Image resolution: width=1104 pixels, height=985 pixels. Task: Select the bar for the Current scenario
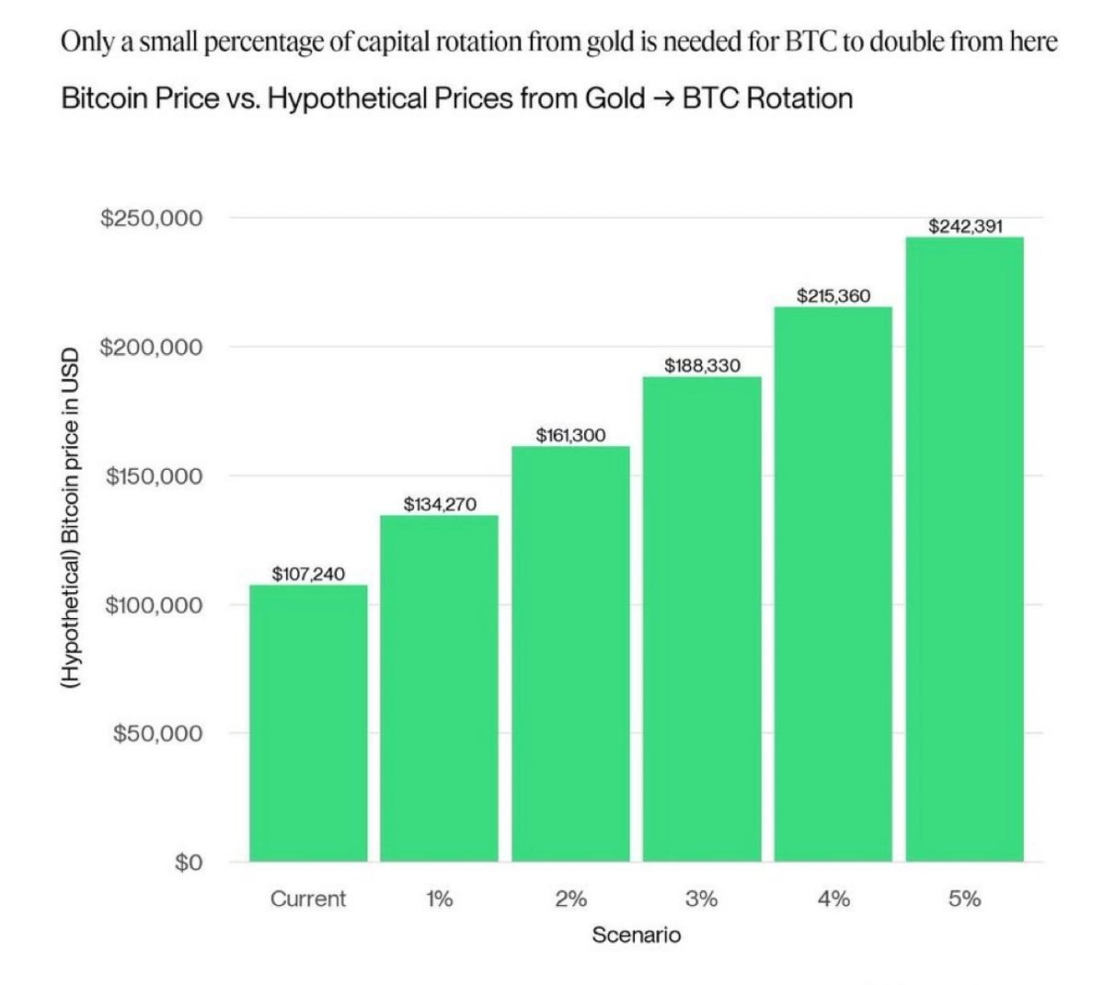click(x=308, y=723)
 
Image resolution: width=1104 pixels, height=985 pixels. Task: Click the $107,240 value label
click(x=308, y=574)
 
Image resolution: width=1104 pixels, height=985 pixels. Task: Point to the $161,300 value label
click(x=570, y=435)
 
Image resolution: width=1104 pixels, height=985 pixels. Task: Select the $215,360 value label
click(x=833, y=296)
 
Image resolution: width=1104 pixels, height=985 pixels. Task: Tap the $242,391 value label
click(x=964, y=226)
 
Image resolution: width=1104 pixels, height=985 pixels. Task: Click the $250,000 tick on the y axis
click(x=152, y=219)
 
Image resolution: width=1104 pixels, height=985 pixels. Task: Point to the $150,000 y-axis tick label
click(x=154, y=476)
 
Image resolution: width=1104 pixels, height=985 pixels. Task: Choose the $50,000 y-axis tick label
click(x=157, y=734)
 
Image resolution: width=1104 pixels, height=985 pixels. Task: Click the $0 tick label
click(x=188, y=863)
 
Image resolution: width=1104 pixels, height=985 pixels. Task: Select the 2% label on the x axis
click(x=570, y=899)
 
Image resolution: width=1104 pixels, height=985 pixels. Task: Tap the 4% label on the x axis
click(x=833, y=899)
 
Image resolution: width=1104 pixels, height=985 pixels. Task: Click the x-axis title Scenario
click(x=636, y=935)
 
